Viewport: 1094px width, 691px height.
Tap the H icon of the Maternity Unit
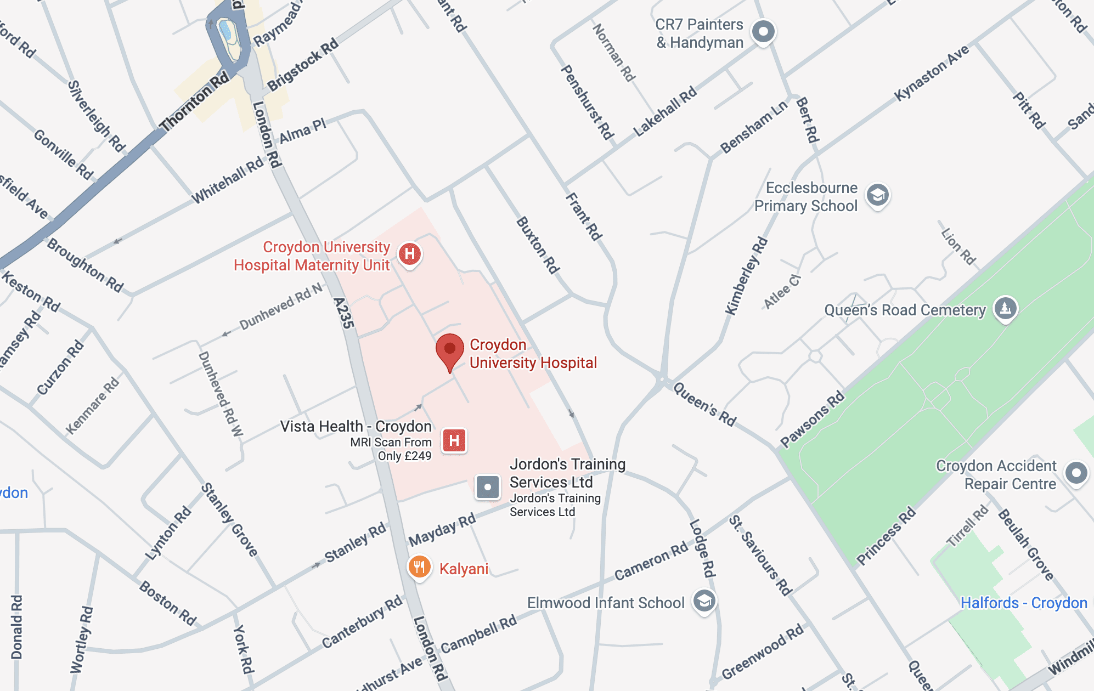click(410, 254)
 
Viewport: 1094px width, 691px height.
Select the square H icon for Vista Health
click(454, 440)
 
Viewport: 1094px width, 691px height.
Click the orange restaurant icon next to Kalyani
click(419, 567)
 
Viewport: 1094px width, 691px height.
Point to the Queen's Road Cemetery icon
click(1005, 308)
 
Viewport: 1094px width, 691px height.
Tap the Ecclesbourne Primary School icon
click(877, 195)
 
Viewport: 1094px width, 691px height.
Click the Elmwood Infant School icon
click(704, 601)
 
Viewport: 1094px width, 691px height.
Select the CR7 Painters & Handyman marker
click(763, 31)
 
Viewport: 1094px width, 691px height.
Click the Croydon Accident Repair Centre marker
click(1076, 473)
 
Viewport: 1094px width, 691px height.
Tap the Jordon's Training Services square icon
click(487, 486)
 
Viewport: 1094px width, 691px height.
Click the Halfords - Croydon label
click(1024, 603)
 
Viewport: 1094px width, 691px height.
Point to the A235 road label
click(344, 313)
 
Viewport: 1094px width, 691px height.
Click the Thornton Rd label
click(194, 102)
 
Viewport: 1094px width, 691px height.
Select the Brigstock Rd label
click(303, 65)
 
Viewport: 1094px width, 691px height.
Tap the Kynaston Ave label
click(932, 73)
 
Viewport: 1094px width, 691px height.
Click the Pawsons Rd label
click(813, 419)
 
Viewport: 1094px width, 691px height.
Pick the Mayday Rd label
click(442, 530)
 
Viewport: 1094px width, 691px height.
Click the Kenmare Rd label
click(92, 405)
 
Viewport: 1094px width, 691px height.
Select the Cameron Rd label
click(651, 560)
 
